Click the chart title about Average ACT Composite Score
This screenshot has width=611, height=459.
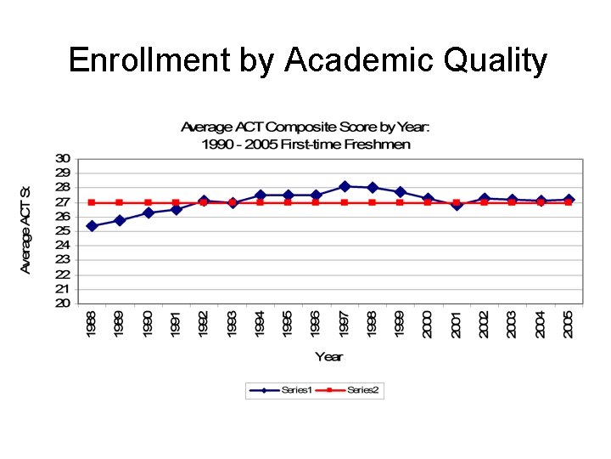pos(305,135)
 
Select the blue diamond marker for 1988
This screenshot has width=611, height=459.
pos(92,226)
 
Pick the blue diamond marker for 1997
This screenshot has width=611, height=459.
pos(344,186)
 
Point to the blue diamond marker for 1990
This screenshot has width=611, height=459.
pos(148,212)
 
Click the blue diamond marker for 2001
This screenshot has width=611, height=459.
pos(456,205)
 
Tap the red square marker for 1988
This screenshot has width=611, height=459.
pos(92,202)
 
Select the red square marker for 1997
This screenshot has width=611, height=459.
pos(344,202)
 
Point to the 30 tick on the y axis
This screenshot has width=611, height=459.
pos(64,158)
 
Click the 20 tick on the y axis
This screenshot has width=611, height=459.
pos(64,303)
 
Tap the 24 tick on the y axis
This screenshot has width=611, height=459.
pos(64,246)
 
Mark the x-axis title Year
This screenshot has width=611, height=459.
pos(329,355)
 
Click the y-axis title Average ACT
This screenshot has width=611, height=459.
pos(25,229)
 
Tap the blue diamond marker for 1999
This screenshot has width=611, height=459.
pos(400,192)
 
